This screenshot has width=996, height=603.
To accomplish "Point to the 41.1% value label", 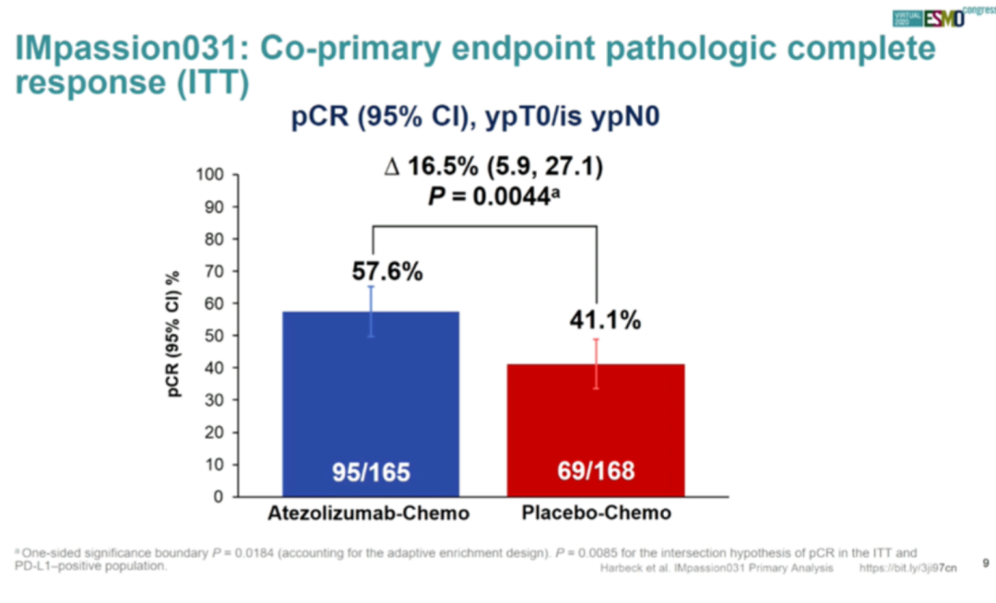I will (604, 321).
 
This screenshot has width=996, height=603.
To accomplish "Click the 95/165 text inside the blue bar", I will (371, 473).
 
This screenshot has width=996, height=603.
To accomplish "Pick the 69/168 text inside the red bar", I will (596, 472).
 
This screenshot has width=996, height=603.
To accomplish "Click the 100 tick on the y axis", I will (211, 174).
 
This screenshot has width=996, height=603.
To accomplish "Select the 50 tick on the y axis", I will (215, 336).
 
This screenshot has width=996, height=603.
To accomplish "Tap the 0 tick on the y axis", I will (219, 497).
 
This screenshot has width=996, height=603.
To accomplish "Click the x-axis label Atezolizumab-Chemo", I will (369, 514).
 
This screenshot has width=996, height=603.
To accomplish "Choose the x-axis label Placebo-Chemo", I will (598, 514).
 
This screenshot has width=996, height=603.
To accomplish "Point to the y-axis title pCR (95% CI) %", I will (174, 335).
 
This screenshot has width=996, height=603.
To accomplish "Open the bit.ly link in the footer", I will (907, 569).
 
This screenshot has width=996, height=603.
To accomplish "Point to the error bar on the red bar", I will (597, 363).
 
